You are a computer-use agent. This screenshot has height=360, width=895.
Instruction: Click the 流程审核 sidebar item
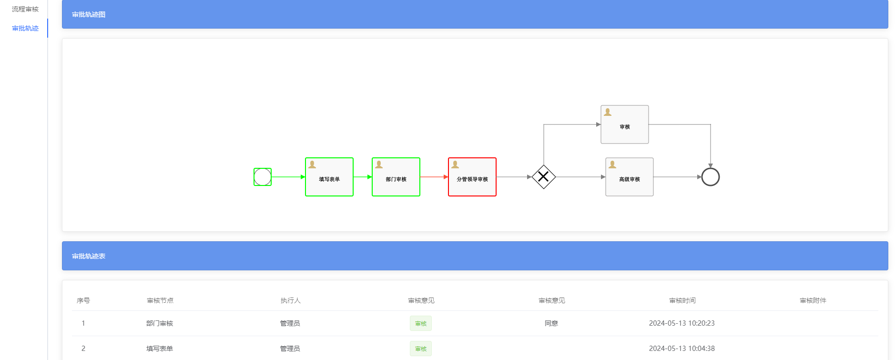[25, 9]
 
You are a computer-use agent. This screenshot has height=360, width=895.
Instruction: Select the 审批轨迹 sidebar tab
[25, 28]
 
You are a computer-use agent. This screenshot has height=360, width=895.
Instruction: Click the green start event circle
[263, 177]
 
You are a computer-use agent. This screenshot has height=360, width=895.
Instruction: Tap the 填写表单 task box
[329, 177]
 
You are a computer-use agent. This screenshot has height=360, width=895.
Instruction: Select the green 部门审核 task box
[396, 177]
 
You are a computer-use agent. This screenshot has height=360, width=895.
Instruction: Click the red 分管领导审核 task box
[472, 177]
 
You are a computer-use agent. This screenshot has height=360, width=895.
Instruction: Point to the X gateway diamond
[543, 177]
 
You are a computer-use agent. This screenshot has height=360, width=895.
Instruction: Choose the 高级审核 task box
[629, 177]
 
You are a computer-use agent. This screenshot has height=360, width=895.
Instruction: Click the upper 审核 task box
[624, 125]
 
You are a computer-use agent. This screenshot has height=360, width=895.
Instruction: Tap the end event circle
[710, 177]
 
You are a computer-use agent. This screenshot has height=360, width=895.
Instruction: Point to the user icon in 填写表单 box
[312, 165]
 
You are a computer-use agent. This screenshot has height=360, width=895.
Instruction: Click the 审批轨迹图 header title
[89, 14]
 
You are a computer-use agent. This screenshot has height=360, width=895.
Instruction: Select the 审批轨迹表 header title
[89, 256]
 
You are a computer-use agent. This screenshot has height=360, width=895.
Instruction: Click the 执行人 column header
[290, 300]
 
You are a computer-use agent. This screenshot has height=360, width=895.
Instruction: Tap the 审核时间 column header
[682, 300]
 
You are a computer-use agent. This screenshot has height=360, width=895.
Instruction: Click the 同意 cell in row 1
[551, 323]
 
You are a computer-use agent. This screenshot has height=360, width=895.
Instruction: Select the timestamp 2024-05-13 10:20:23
[681, 323]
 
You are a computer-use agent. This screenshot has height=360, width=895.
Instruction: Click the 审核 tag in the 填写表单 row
[421, 349]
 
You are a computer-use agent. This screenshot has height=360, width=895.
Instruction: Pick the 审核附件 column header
[813, 300]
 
